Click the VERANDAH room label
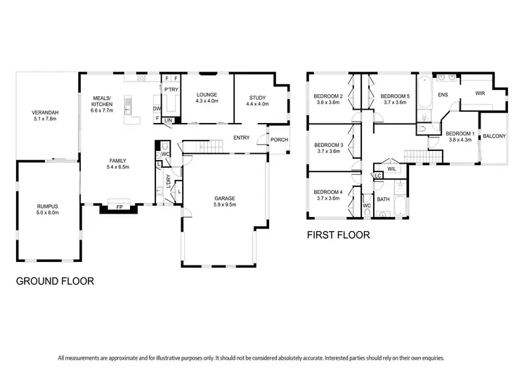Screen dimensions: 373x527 (45, 113)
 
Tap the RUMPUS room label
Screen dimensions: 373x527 (48, 207)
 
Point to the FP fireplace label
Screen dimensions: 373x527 (119, 208)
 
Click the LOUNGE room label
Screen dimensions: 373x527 (207, 95)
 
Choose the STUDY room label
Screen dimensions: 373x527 (258, 98)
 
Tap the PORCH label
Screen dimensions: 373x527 (280, 140)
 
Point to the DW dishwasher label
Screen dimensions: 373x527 (157, 109)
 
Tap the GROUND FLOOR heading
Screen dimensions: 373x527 (55, 281)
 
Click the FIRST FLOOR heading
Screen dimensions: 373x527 (338, 235)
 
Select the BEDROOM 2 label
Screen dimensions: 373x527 (328, 96)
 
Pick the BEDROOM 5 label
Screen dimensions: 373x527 (395, 96)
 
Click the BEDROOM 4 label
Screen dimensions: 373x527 (328, 192)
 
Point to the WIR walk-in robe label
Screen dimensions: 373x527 (480, 93)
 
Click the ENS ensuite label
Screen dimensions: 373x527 (443, 93)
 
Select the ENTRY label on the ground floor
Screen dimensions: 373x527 (242, 138)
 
